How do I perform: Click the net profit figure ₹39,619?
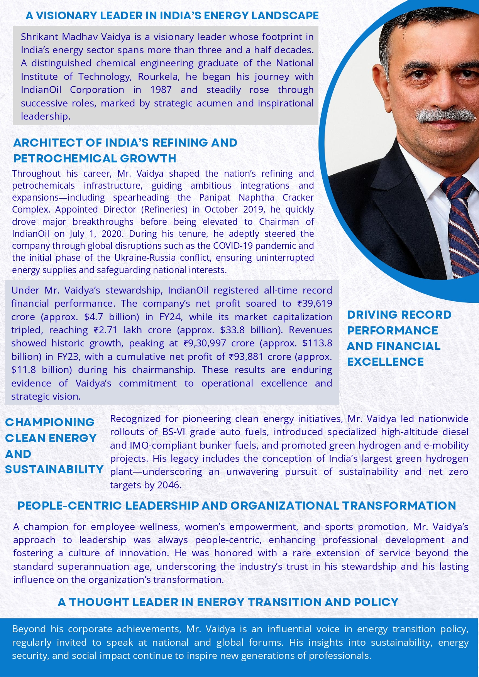[315, 304]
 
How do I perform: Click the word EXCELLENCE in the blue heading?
[385, 362]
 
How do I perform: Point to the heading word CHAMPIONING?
[50, 422]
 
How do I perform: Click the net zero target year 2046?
[168, 485]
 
